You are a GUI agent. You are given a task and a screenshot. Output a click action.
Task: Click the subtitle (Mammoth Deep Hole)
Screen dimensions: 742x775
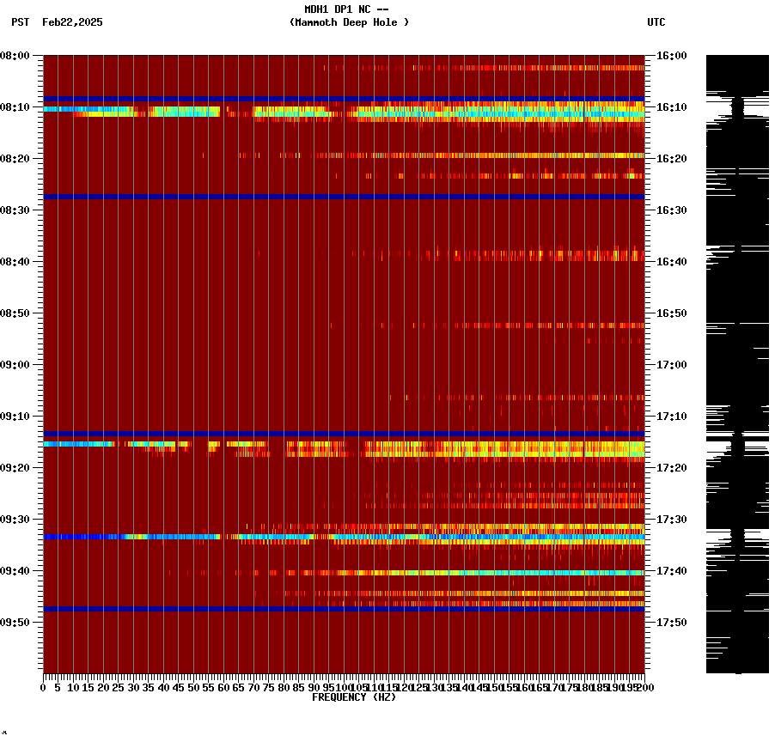coord(349,22)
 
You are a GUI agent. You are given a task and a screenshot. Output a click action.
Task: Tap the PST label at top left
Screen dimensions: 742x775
coord(20,22)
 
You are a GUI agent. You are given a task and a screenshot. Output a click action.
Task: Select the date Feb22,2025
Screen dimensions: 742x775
coord(72,22)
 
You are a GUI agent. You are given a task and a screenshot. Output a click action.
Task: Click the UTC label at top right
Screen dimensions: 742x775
coord(656,22)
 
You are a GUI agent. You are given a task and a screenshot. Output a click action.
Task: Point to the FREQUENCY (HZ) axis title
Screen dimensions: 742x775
coord(353,697)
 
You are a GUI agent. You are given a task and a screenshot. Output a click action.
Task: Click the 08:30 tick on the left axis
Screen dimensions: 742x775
coord(15,210)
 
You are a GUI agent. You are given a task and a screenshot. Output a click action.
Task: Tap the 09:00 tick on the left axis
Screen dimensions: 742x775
coord(15,365)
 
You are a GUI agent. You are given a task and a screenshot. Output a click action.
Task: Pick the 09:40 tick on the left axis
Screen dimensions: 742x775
coord(15,571)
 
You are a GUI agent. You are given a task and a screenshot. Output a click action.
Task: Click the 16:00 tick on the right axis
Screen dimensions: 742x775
coord(671,56)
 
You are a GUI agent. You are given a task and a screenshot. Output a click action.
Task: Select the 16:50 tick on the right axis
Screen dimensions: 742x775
coord(671,313)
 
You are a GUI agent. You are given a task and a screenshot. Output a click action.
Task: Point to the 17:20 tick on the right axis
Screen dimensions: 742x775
coord(671,468)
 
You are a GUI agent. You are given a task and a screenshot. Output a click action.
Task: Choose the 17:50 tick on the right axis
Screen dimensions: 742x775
coord(671,623)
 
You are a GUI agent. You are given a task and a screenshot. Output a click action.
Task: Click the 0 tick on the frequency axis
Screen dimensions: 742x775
coord(44,687)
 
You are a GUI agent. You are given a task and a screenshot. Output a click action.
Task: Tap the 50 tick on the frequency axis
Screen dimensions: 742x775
coord(194,687)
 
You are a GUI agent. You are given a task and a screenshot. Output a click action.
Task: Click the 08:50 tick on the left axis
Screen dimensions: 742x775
coord(15,313)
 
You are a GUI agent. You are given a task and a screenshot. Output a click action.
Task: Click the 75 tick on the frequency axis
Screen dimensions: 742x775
coord(269,687)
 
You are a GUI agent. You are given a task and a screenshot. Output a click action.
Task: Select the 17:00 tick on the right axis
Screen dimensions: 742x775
coord(671,365)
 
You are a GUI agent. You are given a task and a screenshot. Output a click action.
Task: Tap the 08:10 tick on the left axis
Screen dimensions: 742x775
coord(15,107)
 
